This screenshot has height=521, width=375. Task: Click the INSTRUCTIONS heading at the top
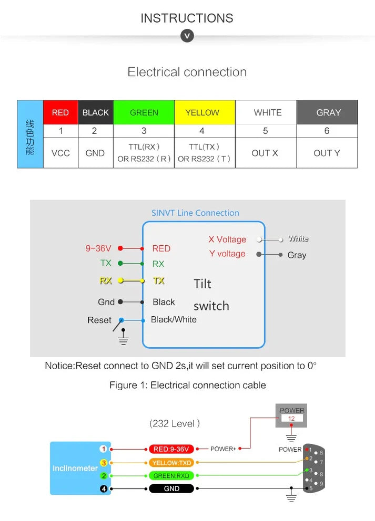pos(187,18)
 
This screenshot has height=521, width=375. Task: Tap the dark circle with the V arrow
pos(187,36)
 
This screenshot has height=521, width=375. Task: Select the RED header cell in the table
pos(60,112)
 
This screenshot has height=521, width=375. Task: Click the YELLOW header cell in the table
pos(202,112)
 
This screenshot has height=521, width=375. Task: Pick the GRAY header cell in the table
pos(328,112)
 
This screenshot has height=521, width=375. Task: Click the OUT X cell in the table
pos(265,153)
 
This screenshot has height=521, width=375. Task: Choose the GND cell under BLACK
pos(95,153)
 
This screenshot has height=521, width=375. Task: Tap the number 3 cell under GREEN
pos(144,131)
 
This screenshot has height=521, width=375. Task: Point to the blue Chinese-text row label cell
pos(30,134)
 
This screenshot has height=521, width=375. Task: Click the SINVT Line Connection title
pos(195,213)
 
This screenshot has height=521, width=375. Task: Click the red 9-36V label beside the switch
pos(98,248)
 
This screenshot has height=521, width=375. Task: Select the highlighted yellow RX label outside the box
pos(106,280)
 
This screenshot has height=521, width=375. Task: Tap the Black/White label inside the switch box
pos(174,319)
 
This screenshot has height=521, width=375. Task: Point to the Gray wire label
pos(297,255)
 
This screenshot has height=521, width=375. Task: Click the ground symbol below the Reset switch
pos(124,339)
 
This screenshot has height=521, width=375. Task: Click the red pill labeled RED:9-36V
pos(171,449)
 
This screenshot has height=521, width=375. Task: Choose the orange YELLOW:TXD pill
pos(171,463)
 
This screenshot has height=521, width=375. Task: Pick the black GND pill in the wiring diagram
pos(171,488)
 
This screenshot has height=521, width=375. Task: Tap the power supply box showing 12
pos(291,415)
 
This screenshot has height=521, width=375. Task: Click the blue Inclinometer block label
pos(75,468)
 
